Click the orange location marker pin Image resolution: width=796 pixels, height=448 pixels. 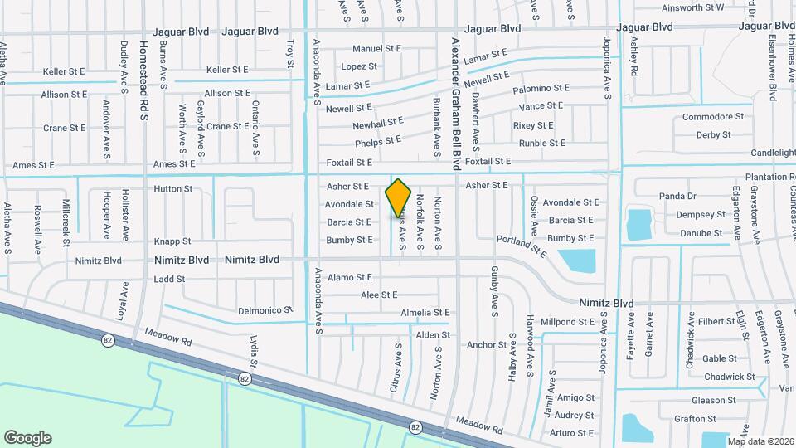399,198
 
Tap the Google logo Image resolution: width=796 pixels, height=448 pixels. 27,437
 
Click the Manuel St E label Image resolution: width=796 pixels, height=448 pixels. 376,49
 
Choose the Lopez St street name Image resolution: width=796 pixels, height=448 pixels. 359,66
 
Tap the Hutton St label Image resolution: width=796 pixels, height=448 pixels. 172,189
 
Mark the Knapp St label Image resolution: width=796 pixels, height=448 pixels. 172,241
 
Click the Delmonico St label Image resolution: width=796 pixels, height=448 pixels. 266,310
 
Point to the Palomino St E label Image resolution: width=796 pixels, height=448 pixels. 541,88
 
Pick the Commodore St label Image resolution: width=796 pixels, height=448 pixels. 713,117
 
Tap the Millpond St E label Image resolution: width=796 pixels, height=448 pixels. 568,321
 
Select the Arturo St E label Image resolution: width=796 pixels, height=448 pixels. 572,433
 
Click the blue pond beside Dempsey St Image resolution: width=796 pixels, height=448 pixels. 638,224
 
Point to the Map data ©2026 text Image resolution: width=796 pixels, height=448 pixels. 760,441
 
